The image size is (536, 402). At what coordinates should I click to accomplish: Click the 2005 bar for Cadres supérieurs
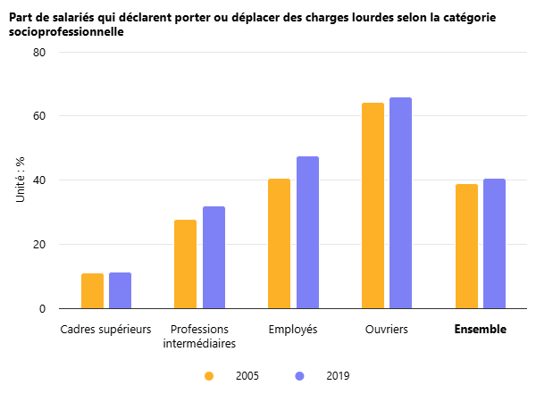[x=92, y=291]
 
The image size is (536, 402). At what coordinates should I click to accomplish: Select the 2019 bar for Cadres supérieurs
[x=120, y=290]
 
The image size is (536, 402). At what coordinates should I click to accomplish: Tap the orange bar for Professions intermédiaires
[x=185, y=264]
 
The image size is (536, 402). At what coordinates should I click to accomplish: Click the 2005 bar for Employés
[x=279, y=244]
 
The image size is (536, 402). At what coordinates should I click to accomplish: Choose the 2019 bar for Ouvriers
[x=401, y=203]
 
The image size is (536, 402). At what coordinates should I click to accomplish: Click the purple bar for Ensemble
[x=494, y=244]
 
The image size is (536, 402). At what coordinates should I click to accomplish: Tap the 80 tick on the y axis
[x=39, y=52]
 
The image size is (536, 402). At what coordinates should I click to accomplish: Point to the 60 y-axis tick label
[x=39, y=116]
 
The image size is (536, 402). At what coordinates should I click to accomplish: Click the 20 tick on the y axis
[x=39, y=245]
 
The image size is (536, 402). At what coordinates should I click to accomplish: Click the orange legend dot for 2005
[x=209, y=376]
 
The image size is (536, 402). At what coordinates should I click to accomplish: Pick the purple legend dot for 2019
[x=299, y=376]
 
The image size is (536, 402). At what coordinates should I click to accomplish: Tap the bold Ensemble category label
[x=480, y=330]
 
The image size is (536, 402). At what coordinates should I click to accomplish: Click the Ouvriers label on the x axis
[x=387, y=330]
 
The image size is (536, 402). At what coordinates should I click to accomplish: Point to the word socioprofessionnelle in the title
[x=66, y=32]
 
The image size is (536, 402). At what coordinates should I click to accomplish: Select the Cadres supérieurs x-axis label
[x=105, y=330]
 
